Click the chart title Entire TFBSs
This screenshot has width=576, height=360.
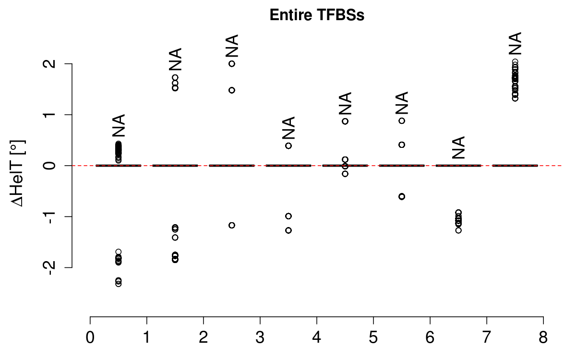[317, 15]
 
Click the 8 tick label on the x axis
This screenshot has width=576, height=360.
[543, 337]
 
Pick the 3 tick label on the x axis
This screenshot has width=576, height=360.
[260, 337]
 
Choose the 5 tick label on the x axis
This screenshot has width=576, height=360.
[373, 337]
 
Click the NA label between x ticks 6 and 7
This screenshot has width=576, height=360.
[458, 147]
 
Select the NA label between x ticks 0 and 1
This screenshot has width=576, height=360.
[119, 125]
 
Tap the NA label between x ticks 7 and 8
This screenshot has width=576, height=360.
[515, 44]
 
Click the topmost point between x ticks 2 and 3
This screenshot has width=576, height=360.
[232, 64]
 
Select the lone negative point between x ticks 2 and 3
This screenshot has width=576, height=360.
[232, 225]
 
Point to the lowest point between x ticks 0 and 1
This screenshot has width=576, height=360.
[119, 284]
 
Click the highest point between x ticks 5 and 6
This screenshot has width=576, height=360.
[402, 120]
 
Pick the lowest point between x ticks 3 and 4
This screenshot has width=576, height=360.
[288, 230]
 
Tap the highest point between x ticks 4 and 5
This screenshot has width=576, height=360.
[345, 121]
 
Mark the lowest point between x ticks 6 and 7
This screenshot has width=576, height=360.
[458, 230]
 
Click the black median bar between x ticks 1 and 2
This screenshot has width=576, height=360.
[175, 166]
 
